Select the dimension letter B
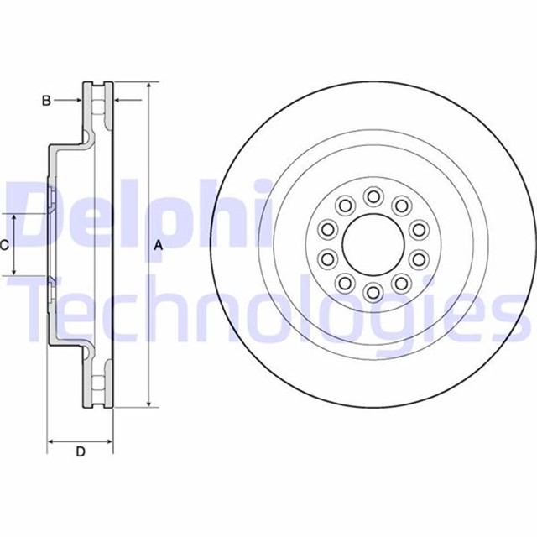(x=47, y=101)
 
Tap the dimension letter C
(x=5, y=245)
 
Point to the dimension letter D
(x=81, y=452)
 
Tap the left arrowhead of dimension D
(x=51, y=440)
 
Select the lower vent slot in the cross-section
(x=98, y=383)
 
